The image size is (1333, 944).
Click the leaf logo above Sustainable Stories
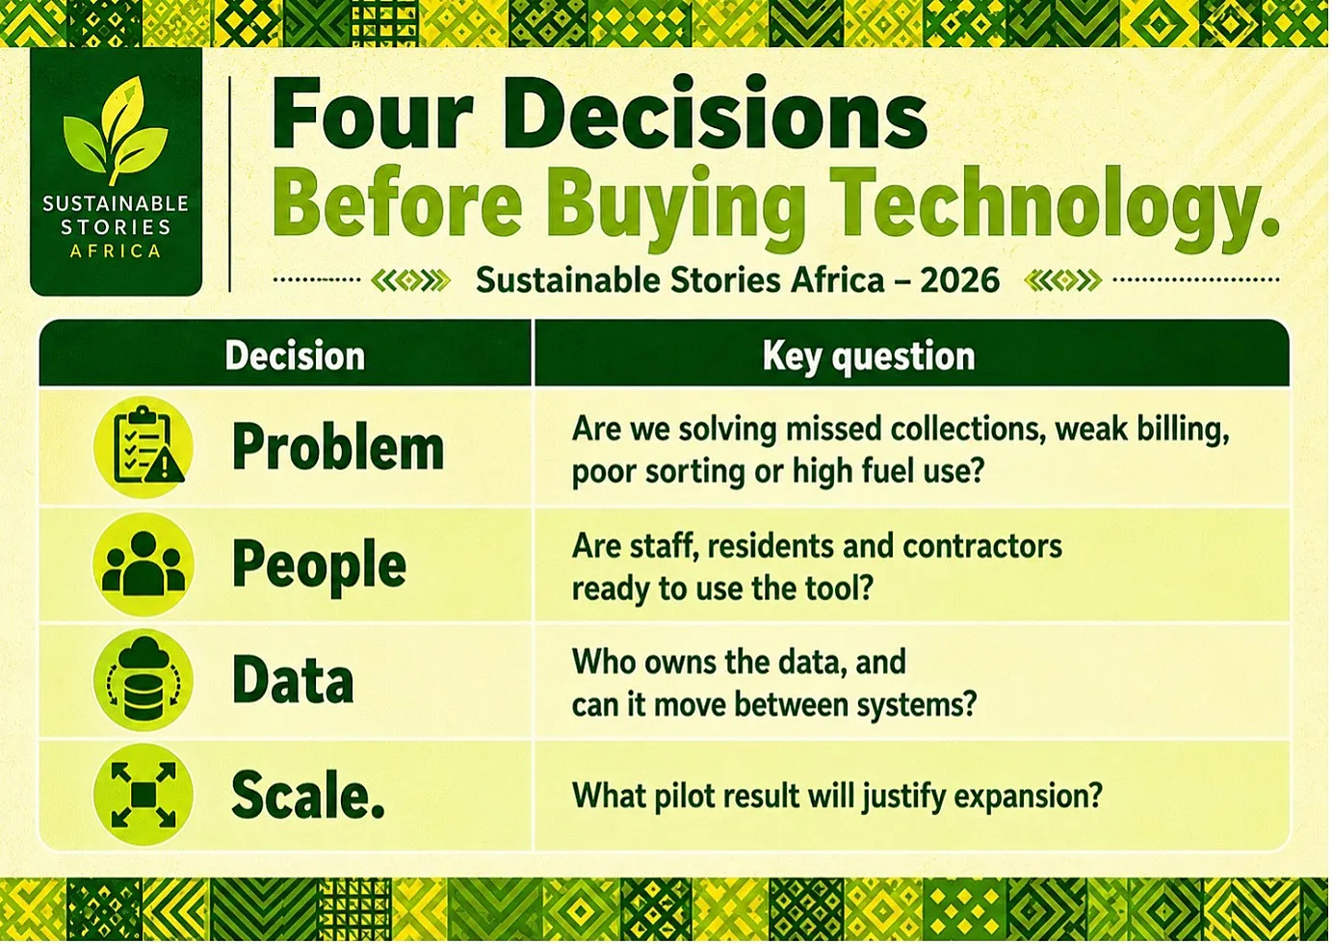tap(116, 130)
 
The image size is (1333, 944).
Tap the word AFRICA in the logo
tap(116, 251)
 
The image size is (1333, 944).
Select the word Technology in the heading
tap(1043, 204)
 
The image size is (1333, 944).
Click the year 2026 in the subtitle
tap(959, 280)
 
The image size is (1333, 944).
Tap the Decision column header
tap(295, 356)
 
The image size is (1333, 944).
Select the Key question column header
tap(869, 357)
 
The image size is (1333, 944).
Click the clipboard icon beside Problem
tap(144, 447)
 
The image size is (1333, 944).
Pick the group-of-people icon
tap(144, 564)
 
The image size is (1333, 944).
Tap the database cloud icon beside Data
tap(144, 679)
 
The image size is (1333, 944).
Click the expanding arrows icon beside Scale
tap(144, 795)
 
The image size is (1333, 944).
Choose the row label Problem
tap(338, 448)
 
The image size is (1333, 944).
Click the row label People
tap(319, 566)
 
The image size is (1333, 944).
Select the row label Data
tap(293, 681)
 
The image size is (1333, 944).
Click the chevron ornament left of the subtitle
tap(410, 280)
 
